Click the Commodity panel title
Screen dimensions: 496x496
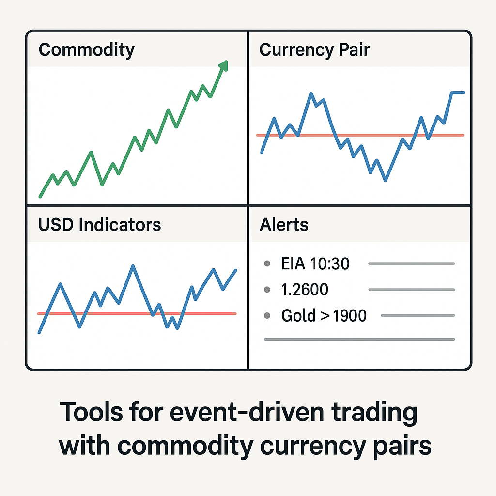click(86, 50)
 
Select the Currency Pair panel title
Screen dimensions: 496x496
click(314, 50)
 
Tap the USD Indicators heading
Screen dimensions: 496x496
click(99, 225)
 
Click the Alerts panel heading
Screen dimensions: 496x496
click(284, 225)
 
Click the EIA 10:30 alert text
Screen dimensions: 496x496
click(315, 264)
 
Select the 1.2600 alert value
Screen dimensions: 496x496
click(305, 290)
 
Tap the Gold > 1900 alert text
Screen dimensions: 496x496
click(324, 316)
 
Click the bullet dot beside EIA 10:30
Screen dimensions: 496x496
click(266, 264)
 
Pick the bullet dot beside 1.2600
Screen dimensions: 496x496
click(266, 290)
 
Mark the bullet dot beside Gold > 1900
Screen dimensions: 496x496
click(266, 316)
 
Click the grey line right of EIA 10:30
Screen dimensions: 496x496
click(411, 263)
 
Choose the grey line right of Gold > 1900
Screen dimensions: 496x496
click(418, 316)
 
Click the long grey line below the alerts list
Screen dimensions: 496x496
click(359, 339)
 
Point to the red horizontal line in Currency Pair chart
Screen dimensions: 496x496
click(359, 135)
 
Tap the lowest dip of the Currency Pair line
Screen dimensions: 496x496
click(385, 181)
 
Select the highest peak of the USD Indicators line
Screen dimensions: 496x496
click(133, 265)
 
